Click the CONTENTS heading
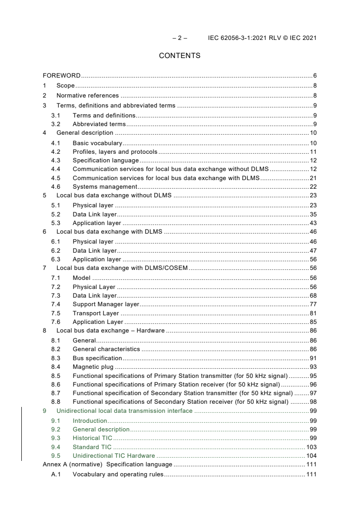[x=179, y=56]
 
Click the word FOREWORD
[x=62, y=75]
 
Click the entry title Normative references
[x=87, y=95]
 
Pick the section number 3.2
[x=55, y=124]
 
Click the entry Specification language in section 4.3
[x=105, y=160]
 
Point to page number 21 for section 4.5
[x=313, y=177]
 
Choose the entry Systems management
[x=104, y=186]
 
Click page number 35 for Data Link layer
[x=313, y=214]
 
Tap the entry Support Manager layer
[x=106, y=304]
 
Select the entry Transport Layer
[x=96, y=313]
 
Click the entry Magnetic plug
[x=93, y=367]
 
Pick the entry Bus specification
[x=97, y=358]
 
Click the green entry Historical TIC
[x=92, y=438]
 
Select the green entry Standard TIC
[x=92, y=447]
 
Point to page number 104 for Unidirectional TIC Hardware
[x=311, y=455]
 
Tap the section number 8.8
[x=55, y=401]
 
